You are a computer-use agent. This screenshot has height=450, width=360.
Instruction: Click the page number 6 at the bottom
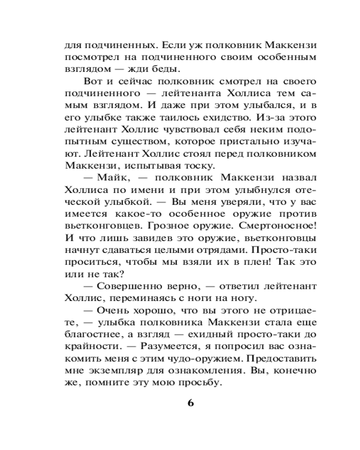click(190, 403)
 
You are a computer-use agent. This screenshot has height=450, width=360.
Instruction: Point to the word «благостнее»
click(95, 335)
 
